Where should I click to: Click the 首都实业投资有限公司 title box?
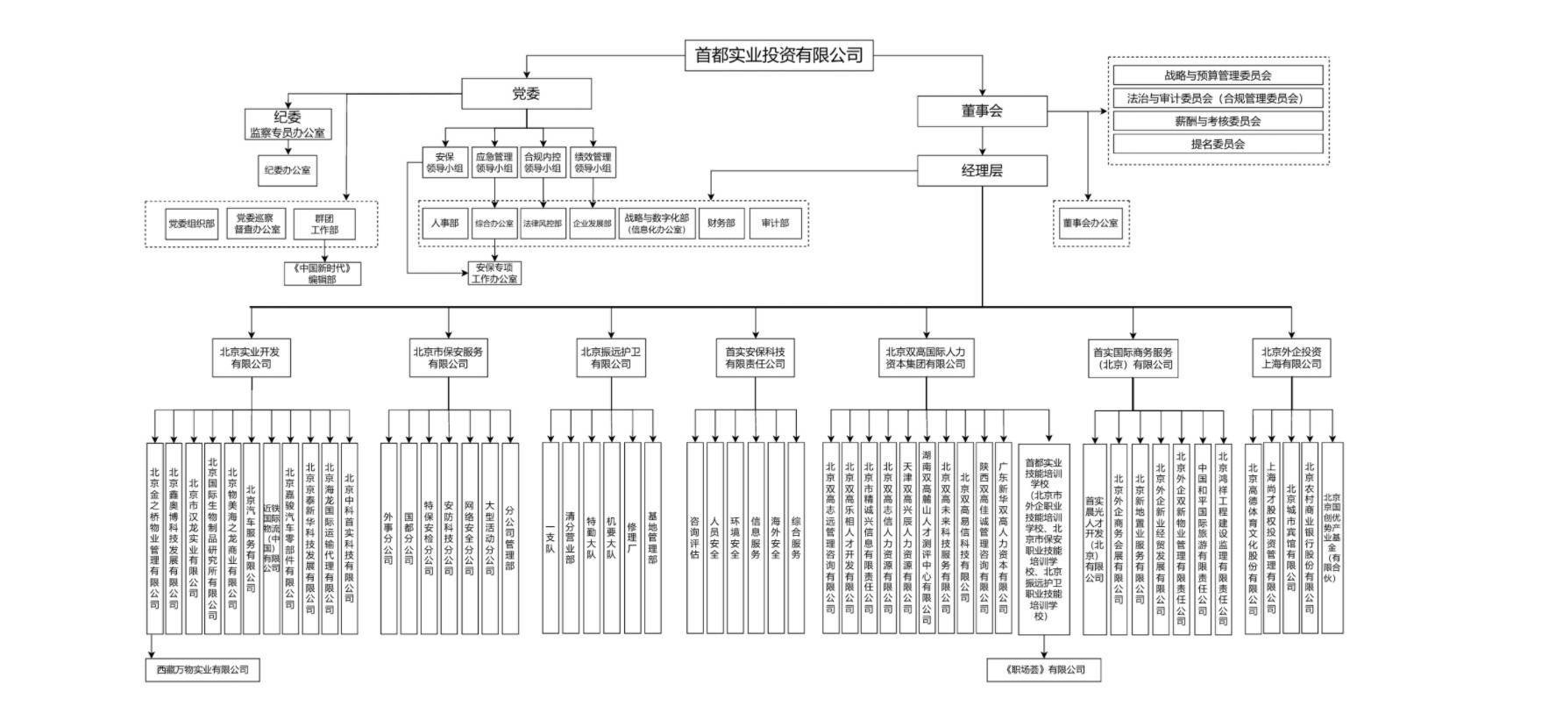tap(778, 55)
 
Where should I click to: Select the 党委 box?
tap(526, 94)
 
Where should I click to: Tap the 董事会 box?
tap(982, 111)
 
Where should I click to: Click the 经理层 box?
tap(982, 170)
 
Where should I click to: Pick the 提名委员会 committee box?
tap(1218, 144)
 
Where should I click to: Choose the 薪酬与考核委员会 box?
tap(1218, 121)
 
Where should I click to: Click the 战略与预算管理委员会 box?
tap(1218, 75)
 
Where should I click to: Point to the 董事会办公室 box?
tap(1091, 223)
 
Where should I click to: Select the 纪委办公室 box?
tap(288, 170)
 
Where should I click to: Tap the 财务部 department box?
tap(721, 223)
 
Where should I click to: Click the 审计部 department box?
tap(775, 223)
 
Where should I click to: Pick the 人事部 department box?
tap(444, 223)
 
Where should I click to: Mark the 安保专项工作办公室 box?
tap(494, 273)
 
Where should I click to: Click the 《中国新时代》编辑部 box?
tap(323, 273)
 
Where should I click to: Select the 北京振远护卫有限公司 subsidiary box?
tap(611, 358)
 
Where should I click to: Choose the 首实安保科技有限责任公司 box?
tap(755, 358)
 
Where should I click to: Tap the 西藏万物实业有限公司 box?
tap(202, 669)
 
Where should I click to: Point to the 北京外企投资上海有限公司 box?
tap(1291, 358)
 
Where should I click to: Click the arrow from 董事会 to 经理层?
tap(982, 141)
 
